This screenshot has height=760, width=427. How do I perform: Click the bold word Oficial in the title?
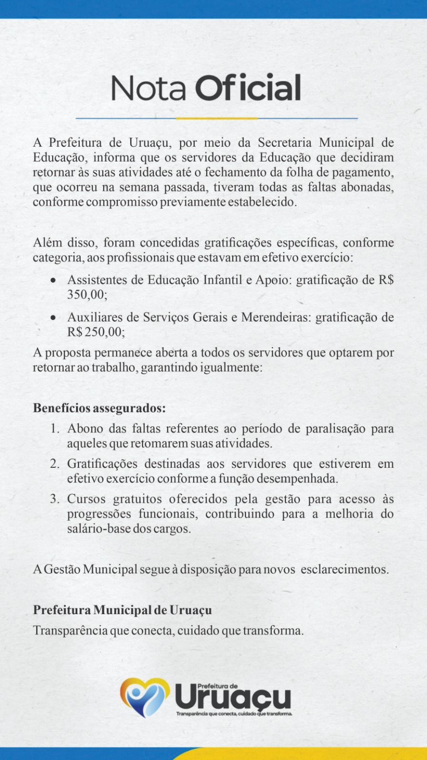[248, 88]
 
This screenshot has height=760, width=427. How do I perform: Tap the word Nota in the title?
[148, 88]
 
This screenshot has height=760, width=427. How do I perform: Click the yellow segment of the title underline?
[217, 118]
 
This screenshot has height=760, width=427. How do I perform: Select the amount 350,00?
[86, 294]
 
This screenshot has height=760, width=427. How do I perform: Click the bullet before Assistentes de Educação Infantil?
[55, 280]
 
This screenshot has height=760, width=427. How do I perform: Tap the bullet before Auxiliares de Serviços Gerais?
[55, 317]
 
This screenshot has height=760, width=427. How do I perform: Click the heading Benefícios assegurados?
[99, 408]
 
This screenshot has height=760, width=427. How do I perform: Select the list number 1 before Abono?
[55, 429]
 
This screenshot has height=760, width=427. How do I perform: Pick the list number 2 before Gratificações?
[55, 464]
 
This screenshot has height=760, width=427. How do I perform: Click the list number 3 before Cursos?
[55, 499]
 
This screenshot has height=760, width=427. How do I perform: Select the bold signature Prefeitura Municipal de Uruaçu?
[123, 610]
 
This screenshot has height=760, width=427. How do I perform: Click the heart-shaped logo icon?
[144, 697]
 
